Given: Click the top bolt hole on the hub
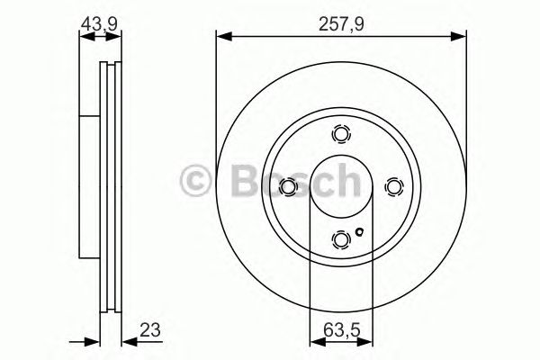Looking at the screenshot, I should (x=340, y=135).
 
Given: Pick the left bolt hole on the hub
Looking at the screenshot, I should (x=288, y=186).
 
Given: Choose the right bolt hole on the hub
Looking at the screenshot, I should (x=392, y=186).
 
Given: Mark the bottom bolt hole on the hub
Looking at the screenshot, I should (x=340, y=238).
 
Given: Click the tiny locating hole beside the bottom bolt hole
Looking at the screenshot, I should (x=359, y=235).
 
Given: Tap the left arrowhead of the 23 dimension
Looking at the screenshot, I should (x=91, y=340).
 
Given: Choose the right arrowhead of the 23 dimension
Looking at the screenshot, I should (x=126, y=340).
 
